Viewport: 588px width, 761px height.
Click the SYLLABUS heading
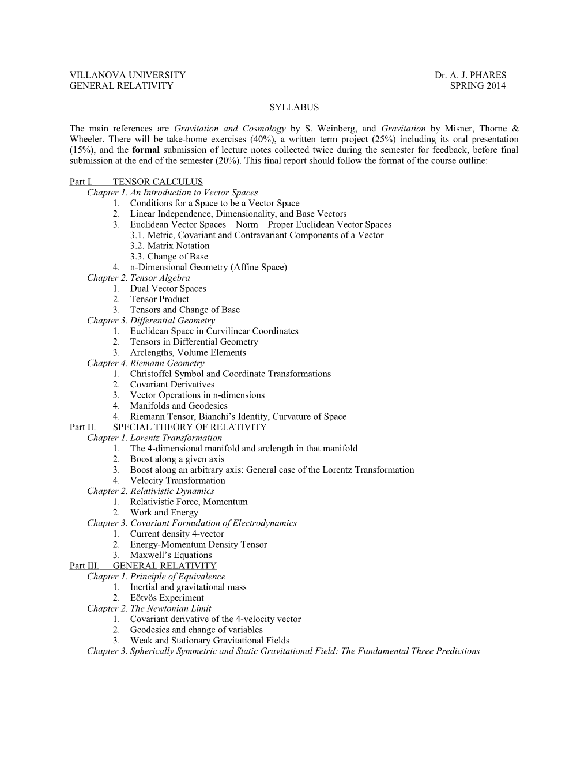(294, 107)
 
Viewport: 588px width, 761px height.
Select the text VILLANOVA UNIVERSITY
(127, 75)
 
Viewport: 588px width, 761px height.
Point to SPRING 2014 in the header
(477, 86)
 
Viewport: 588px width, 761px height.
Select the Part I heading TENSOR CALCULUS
(158, 182)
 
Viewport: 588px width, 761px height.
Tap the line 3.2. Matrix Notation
(169, 246)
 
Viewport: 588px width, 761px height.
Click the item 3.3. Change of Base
(169, 257)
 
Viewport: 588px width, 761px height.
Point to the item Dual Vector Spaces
(168, 289)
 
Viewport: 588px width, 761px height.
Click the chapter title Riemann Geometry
(167, 363)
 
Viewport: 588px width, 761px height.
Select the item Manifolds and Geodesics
(179, 406)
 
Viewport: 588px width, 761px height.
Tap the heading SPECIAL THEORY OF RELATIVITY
(190, 427)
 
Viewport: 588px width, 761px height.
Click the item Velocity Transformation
(178, 481)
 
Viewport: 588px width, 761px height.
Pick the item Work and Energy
(164, 513)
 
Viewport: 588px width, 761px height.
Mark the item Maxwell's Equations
(171, 555)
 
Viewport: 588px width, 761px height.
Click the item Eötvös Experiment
(167, 598)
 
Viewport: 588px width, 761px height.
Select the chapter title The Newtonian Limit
(171, 609)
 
